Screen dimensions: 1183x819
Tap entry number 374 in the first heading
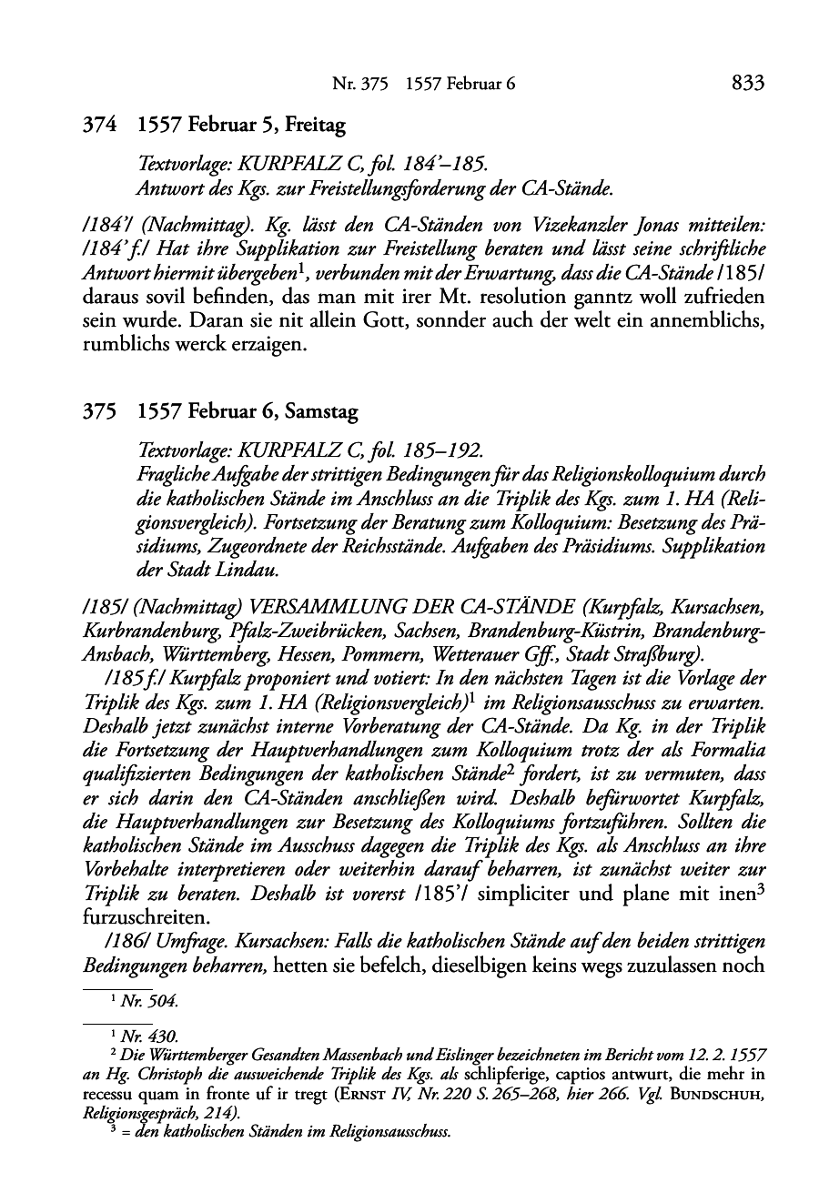(x=97, y=125)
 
